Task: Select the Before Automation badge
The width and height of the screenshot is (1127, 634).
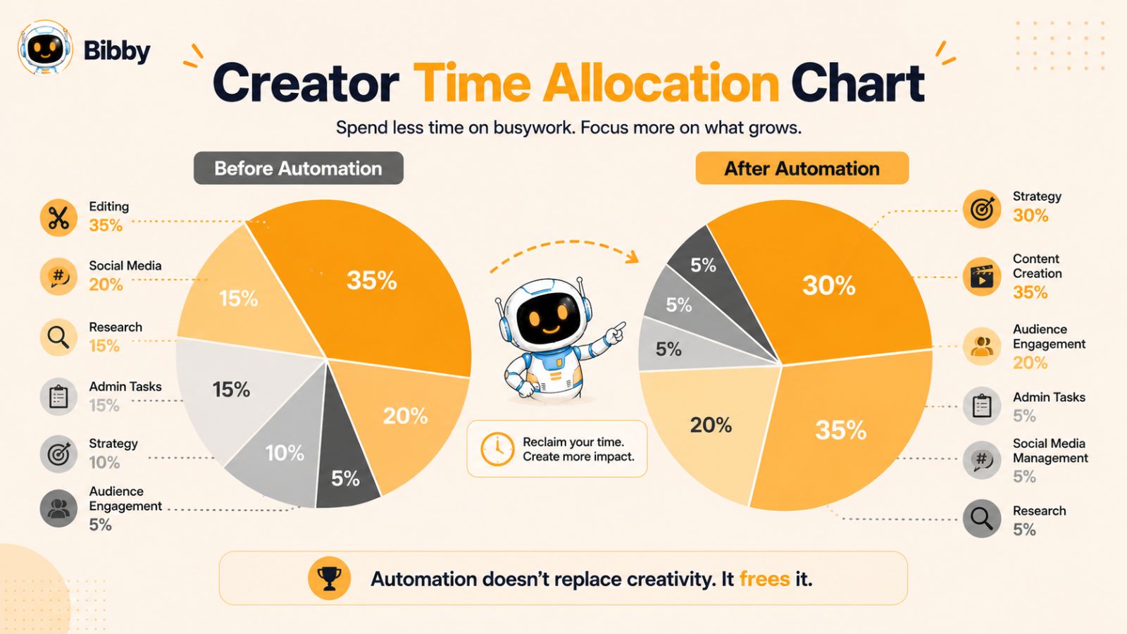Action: [x=299, y=168]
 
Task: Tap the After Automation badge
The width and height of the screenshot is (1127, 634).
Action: [x=802, y=168]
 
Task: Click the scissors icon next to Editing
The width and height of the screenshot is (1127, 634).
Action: [x=59, y=218]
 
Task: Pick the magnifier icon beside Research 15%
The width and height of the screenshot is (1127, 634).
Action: [x=59, y=337]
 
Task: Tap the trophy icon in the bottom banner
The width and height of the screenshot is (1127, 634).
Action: [x=330, y=578]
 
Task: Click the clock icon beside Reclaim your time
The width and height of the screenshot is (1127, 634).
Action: [x=497, y=448]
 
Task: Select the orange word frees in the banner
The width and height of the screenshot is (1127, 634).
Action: [x=764, y=579]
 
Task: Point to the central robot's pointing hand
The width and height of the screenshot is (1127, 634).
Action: [x=616, y=332]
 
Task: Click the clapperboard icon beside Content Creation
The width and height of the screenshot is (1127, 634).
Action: [x=982, y=277]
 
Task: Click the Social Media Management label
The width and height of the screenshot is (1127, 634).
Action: [x=1050, y=451]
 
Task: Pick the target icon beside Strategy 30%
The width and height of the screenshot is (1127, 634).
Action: [x=982, y=209]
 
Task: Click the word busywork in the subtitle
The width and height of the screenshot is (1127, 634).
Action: [x=534, y=128]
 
